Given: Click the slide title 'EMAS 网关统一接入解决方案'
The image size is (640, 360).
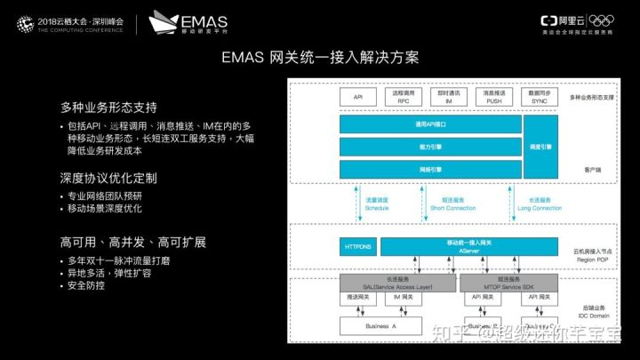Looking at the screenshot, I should coord(319,58).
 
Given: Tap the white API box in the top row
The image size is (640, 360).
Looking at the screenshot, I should coord(357,96).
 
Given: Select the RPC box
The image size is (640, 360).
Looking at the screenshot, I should coord(403,96).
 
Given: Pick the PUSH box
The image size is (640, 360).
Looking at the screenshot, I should coord(495,96).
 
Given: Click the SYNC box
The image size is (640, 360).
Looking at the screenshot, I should coord(541,96).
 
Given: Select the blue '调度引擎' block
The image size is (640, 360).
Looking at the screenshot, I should coord(546,146).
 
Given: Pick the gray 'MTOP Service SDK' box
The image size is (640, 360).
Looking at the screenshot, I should coord(508,282).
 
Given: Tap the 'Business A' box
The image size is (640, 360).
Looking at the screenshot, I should coord(380,326).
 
